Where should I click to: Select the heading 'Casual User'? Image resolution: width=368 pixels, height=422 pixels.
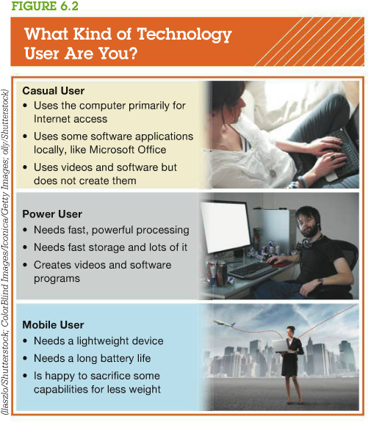coord(54,91)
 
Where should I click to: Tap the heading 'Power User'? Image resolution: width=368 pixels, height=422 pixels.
coord(52,216)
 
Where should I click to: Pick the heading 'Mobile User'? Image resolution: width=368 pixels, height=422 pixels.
coord(54,324)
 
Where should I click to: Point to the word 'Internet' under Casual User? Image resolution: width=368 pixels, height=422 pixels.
coord(56,119)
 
